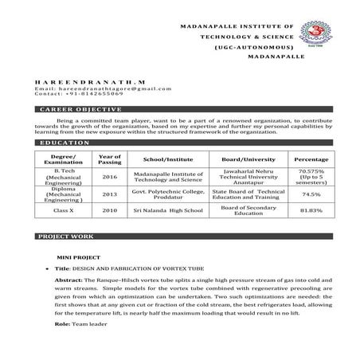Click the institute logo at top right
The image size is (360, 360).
(x=328, y=27)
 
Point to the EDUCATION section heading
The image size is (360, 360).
(x=65, y=142)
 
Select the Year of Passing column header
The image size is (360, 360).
(x=110, y=159)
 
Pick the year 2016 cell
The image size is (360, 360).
(x=110, y=177)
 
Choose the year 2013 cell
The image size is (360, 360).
(x=110, y=194)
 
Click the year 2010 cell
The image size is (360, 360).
(x=110, y=210)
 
